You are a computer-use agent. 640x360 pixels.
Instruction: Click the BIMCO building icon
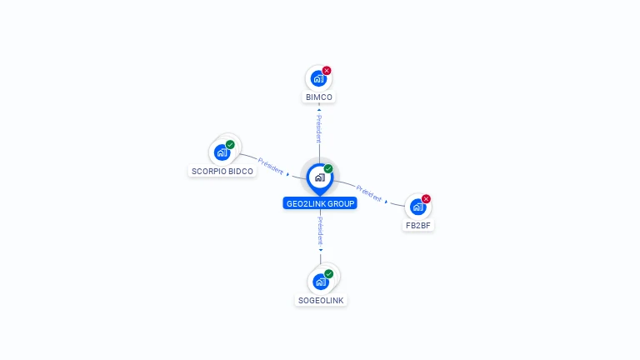point(317,79)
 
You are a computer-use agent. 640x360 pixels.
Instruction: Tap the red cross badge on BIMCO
point(327,71)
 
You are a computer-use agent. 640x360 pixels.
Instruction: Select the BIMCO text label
point(319,97)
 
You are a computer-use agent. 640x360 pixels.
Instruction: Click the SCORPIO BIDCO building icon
point(222,152)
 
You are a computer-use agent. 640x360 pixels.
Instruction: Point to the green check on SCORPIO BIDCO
point(231,144)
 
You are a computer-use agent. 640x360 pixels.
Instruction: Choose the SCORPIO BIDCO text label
point(222,172)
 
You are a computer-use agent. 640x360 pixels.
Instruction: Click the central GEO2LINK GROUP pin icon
point(319,177)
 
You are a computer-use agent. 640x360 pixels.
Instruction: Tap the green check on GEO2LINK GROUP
point(328,168)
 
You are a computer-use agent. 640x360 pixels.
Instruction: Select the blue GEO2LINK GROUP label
point(320,203)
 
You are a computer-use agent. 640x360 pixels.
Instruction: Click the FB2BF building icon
point(417,207)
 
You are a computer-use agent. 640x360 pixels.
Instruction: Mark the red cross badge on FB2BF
point(427,198)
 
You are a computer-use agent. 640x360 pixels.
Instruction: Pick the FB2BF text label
point(418,225)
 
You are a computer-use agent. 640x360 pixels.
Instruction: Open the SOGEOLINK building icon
point(320,282)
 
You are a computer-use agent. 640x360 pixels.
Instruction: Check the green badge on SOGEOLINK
point(329,273)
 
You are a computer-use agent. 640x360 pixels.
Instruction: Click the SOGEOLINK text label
point(321,300)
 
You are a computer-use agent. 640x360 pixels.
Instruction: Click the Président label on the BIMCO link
point(319,128)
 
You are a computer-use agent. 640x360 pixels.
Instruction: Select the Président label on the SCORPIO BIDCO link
point(271,164)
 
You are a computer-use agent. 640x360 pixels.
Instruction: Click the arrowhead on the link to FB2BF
point(386,201)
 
